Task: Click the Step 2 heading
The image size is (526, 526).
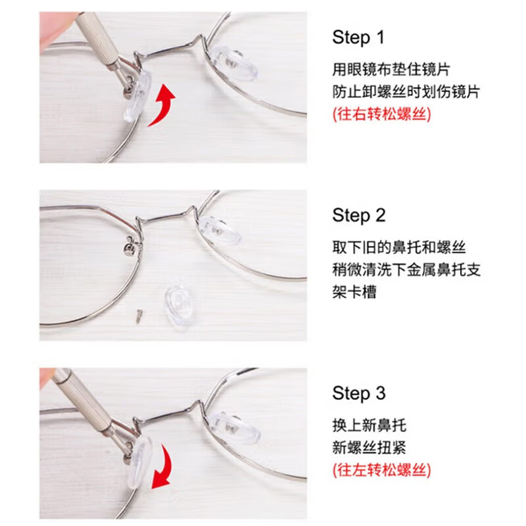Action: point(359,216)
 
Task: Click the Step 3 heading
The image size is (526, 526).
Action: point(359,394)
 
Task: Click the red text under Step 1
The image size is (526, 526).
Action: point(381,114)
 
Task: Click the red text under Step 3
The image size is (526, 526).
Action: point(381,470)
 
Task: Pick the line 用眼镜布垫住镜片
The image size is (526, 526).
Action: point(391,68)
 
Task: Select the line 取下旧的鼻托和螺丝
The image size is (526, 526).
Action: point(399,247)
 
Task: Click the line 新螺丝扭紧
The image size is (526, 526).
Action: point(369,448)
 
